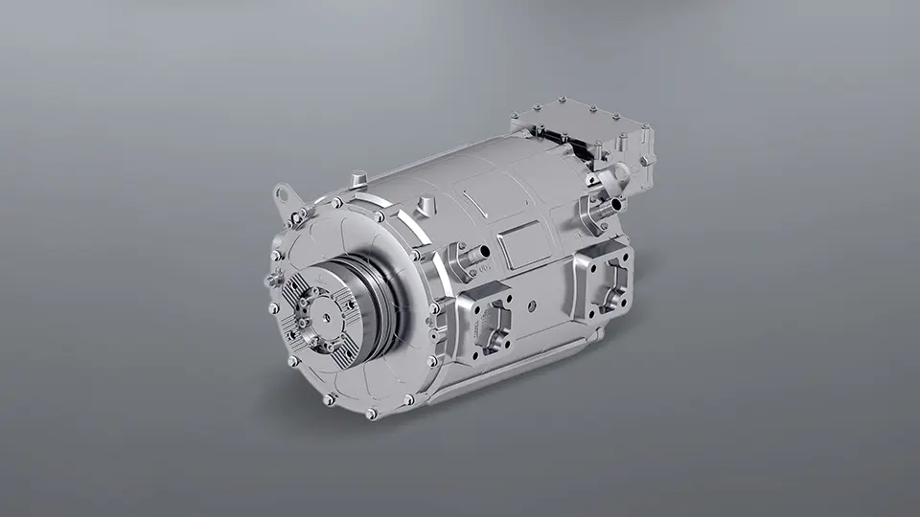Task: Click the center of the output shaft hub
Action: (x=323, y=312)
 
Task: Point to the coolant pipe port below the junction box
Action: (x=609, y=204)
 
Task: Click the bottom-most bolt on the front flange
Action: (x=371, y=414)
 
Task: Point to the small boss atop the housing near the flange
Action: (x=358, y=178)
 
